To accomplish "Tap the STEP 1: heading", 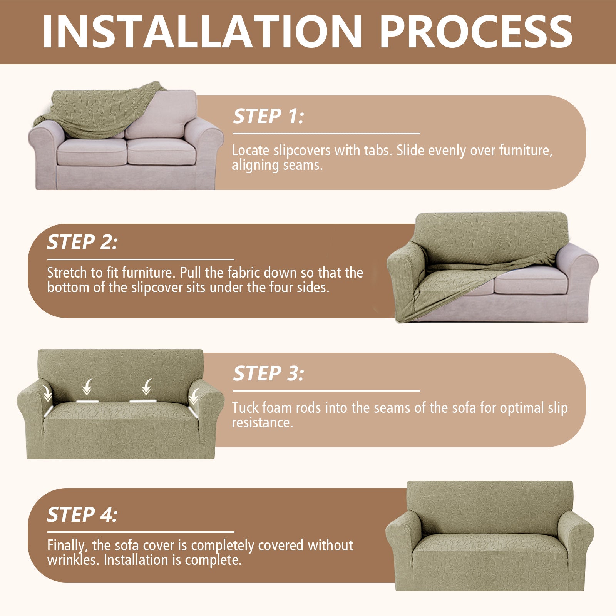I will point(268,116).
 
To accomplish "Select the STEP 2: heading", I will point(82,242).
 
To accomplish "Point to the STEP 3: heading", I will point(268,373).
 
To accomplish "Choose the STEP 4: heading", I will point(82,515).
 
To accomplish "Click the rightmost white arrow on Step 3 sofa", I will point(194,396).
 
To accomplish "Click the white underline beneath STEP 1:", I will point(326,134).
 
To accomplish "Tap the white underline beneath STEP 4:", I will point(141,532).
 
